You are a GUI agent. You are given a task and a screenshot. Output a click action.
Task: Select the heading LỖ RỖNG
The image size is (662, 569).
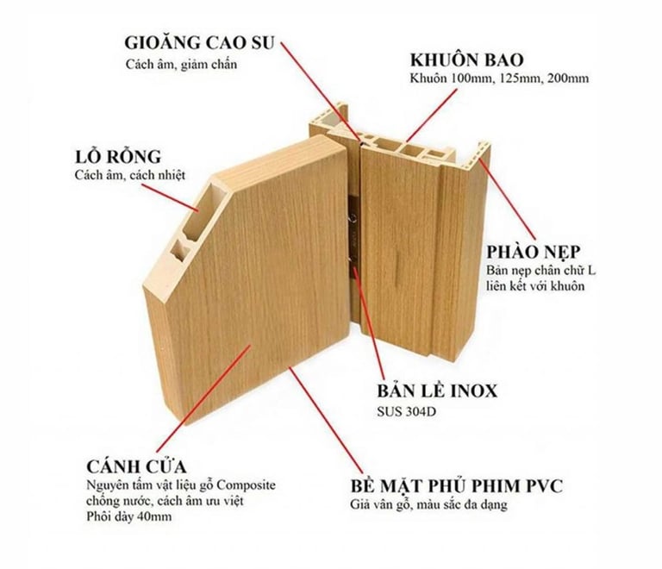(x=118, y=157)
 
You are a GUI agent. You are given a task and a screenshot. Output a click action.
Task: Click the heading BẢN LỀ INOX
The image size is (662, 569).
(x=437, y=391)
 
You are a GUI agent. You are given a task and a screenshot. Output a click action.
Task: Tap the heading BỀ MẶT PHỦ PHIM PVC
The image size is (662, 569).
(x=457, y=485)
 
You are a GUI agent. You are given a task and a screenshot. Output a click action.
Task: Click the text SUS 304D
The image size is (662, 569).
(x=407, y=410)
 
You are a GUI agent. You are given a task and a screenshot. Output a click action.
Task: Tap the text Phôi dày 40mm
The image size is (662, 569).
(x=129, y=517)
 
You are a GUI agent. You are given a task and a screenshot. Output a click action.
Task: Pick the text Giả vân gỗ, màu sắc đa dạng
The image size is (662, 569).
(x=428, y=504)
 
